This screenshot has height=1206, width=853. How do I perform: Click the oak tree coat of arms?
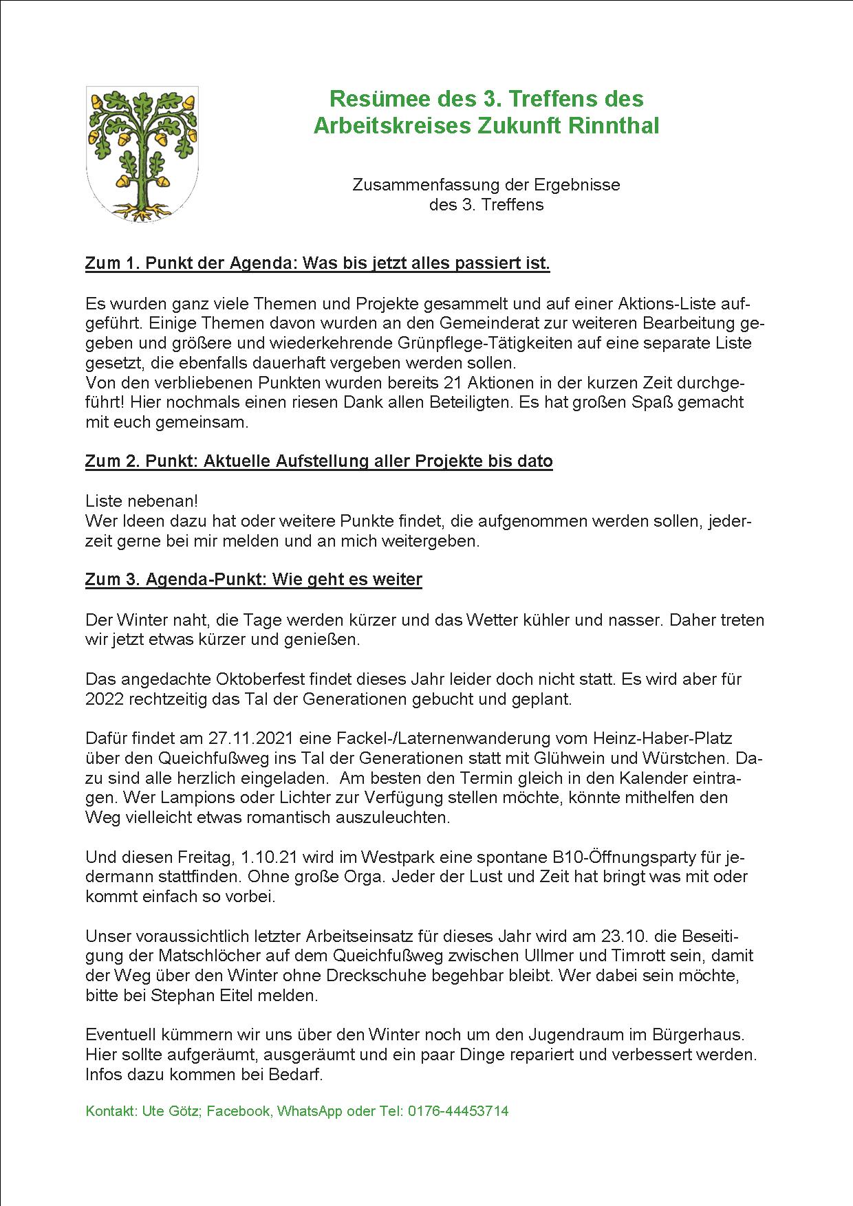click(142, 154)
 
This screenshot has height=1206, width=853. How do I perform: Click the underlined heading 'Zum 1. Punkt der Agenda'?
click(317, 263)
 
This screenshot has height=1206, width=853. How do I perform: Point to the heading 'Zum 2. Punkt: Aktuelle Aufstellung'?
click(318, 461)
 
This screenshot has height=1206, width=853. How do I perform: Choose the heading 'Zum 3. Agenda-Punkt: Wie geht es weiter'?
click(253, 580)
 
